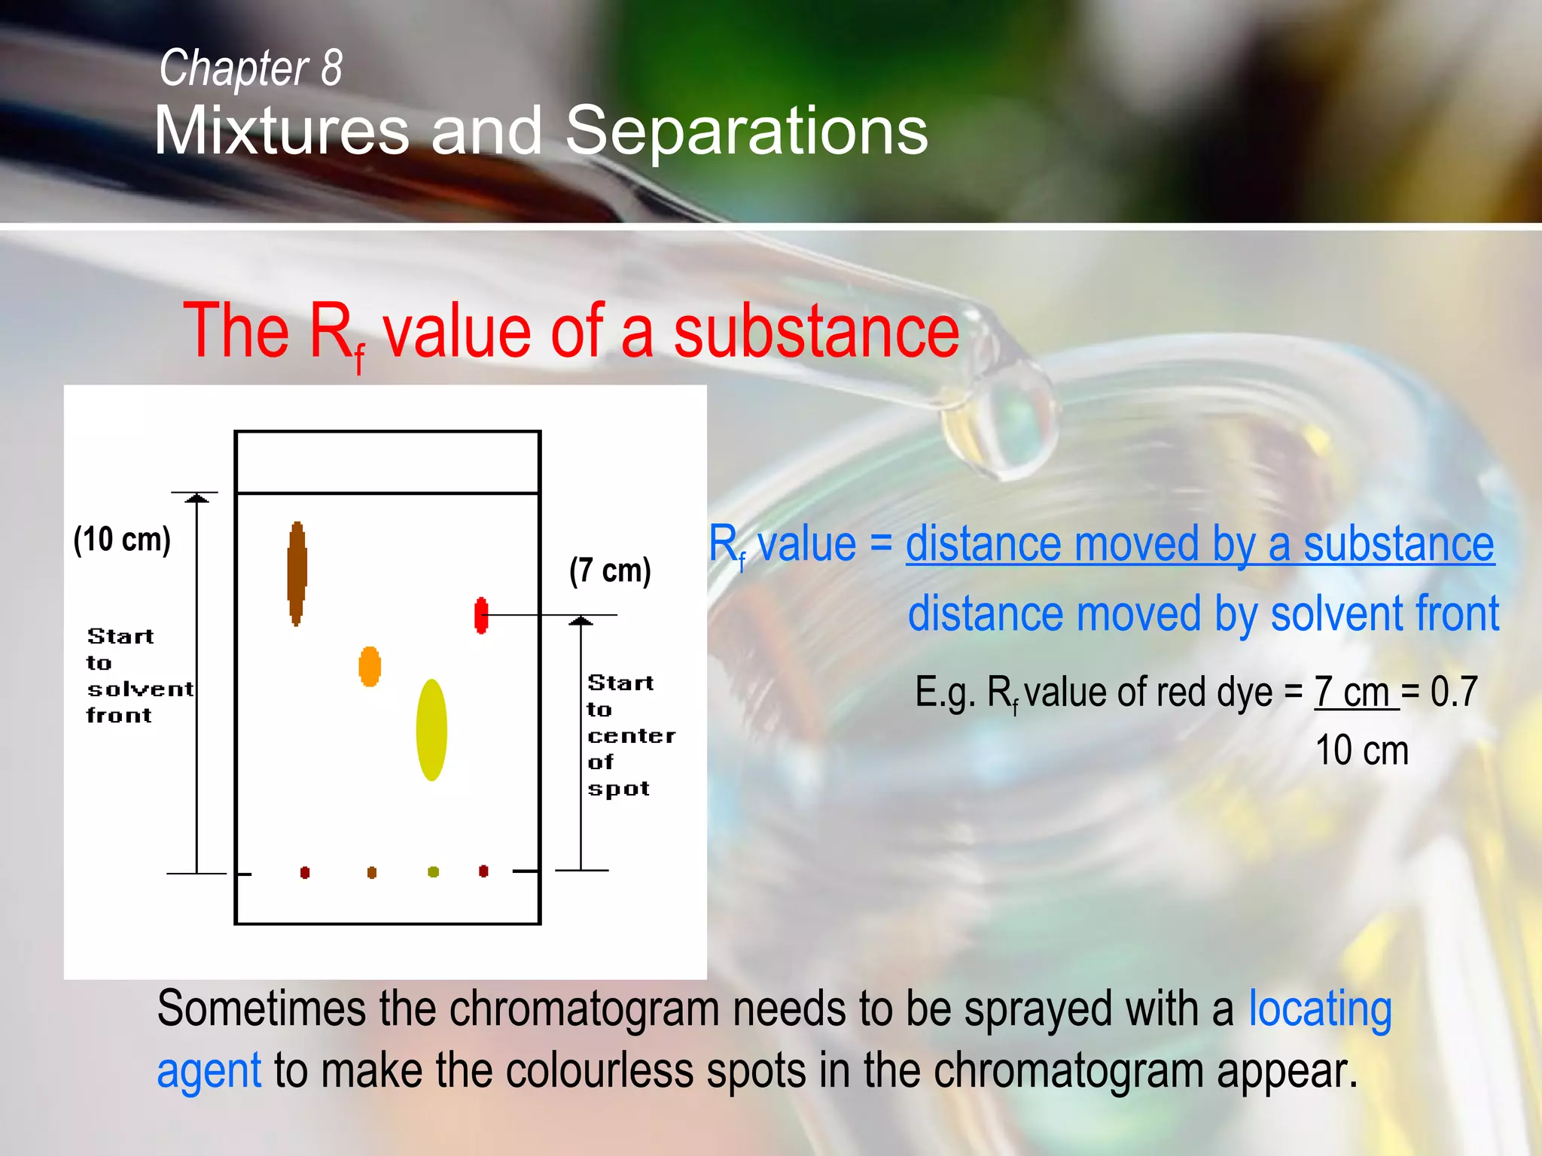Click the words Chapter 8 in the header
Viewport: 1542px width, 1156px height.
251,68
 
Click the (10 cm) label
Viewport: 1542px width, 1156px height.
122,540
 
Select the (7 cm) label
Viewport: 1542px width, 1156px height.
610,570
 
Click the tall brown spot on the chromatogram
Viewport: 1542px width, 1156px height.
297,573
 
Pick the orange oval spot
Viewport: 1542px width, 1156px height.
370,667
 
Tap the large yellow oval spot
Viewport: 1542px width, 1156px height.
431,730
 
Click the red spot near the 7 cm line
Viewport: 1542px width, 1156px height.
481,616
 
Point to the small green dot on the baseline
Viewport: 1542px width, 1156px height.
433,872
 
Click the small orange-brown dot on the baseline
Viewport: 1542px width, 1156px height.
371,872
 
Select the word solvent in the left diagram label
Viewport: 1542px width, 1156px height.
140,689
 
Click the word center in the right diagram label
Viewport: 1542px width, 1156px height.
631,736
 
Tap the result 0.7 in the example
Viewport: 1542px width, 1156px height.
1454,691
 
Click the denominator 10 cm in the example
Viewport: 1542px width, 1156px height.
1361,750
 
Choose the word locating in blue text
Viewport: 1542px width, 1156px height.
1319,1009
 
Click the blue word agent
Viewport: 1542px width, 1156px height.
209,1071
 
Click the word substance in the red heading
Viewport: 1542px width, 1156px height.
815,331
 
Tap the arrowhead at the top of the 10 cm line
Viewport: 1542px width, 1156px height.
197,497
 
